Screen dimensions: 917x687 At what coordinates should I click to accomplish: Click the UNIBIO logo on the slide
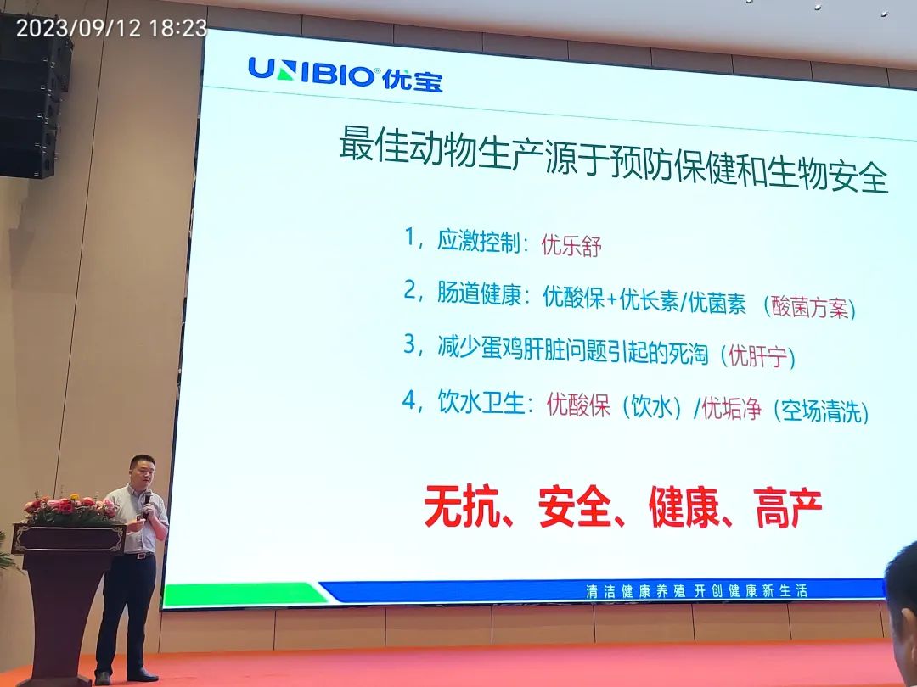(346, 74)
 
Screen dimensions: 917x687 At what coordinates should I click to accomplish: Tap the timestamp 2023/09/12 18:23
(112, 27)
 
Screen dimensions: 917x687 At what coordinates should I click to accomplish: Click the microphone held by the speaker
(147, 499)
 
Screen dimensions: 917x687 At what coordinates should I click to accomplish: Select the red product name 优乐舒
(571, 245)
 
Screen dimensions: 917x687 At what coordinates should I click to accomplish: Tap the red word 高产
(787, 508)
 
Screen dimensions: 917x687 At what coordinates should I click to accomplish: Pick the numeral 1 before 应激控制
(410, 237)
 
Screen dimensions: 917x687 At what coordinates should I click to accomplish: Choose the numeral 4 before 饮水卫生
(408, 400)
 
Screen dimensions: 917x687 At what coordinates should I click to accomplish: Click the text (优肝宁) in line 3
(757, 355)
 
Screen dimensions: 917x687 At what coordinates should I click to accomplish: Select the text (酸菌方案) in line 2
(809, 307)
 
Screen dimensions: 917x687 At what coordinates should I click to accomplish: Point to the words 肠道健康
(479, 293)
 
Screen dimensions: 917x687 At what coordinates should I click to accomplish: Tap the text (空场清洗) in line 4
(821, 411)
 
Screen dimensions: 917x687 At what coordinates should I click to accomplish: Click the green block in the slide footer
(245, 594)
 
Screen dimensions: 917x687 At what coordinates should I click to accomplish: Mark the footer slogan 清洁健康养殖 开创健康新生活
(697, 590)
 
